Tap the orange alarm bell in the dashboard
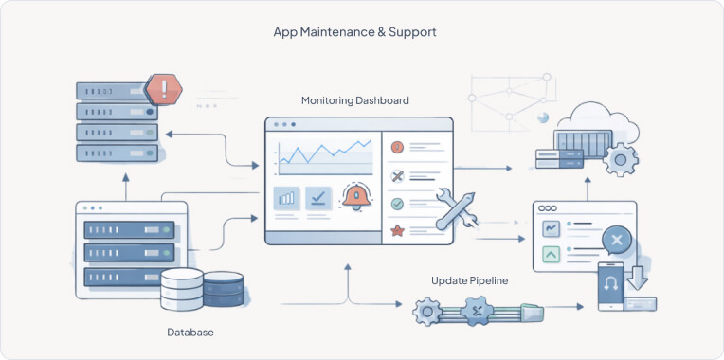tap(357, 197)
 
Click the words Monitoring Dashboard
tap(355, 100)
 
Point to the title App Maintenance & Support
tap(354, 32)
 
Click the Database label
tap(190, 333)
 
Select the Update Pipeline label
tap(470, 280)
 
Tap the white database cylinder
tap(181, 288)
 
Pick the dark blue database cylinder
tap(223, 287)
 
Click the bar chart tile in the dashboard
tap(287, 198)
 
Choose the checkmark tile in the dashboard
tap(318, 198)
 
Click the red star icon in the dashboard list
tap(398, 230)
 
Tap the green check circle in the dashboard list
tap(398, 203)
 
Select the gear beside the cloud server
tap(621, 159)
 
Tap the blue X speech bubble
tap(616, 241)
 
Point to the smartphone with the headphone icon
tap(611, 287)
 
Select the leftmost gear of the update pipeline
tap(428, 309)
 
